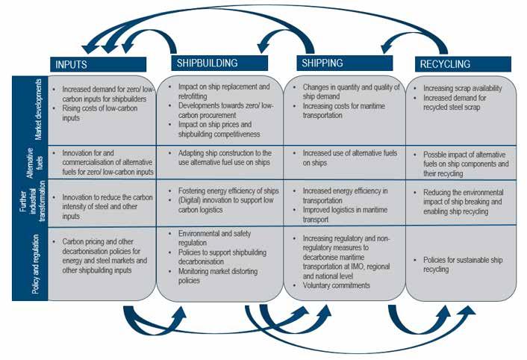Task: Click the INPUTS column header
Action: (x=72, y=64)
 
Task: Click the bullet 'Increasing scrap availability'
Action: (x=464, y=88)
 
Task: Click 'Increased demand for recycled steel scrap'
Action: (x=460, y=102)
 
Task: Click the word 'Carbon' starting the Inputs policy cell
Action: (x=75, y=243)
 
